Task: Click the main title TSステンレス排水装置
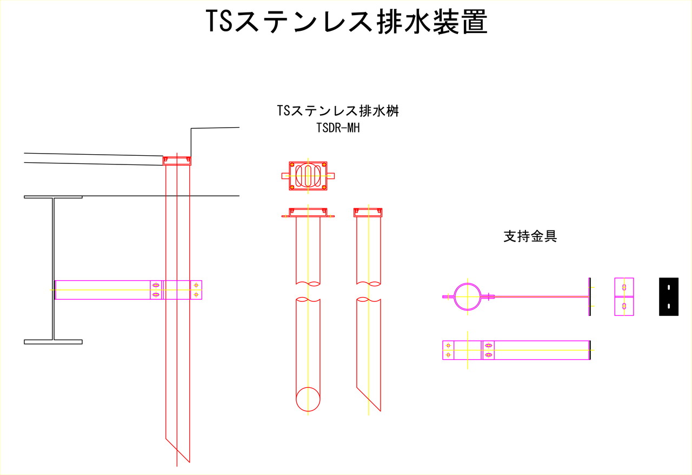click(347, 23)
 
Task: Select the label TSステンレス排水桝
click(338, 111)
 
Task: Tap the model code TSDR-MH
click(338, 128)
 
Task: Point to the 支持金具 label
click(530, 236)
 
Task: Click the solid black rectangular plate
click(669, 296)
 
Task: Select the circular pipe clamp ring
click(467, 296)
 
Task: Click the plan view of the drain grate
click(308, 175)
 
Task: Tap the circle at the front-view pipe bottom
click(308, 399)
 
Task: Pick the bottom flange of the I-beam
click(53, 342)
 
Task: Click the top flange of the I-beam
click(53, 197)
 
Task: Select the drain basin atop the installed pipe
click(177, 160)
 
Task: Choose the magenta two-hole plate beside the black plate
click(624, 296)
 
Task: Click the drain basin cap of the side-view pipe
click(368, 212)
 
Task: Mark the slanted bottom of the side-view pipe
click(369, 399)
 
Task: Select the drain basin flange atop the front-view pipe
click(308, 213)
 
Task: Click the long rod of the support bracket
click(541, 296)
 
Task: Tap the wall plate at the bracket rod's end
click(589, 296)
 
